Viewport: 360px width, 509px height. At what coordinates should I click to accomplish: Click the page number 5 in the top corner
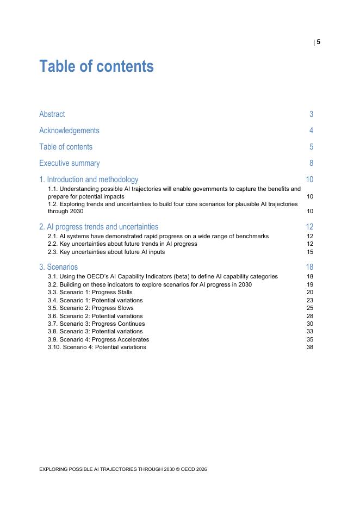click(318, 42)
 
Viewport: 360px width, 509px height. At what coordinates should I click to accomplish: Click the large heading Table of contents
click(96, 66)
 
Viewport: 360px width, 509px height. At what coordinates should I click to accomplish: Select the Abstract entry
click(52, 114)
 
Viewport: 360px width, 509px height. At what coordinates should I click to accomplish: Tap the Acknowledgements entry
click(69, 131)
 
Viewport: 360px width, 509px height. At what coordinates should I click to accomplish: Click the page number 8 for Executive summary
click(311, 163)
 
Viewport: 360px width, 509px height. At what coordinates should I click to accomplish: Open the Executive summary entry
click(69, 163)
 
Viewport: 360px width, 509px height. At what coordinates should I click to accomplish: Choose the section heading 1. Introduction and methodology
click(89, 179)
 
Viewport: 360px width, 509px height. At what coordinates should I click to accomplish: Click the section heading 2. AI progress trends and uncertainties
click(98, 227)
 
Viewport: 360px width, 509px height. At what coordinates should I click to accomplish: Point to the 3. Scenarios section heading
click(58, 267)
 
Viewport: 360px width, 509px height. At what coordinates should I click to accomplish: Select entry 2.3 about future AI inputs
click(106, 252)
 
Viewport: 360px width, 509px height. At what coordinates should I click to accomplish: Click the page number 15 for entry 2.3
click(310, 252)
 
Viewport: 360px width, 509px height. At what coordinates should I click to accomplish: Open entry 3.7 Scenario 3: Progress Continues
click(96, 324)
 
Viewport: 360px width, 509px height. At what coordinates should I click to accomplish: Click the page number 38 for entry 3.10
click(310, 347)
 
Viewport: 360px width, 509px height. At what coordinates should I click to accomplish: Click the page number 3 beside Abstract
click(311, 114)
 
